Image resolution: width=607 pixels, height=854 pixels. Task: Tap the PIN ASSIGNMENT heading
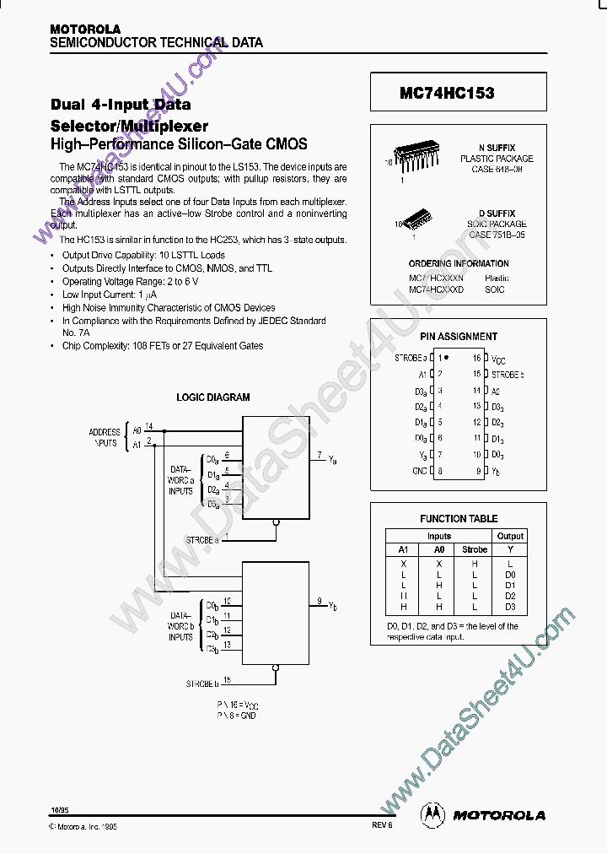point(459,336)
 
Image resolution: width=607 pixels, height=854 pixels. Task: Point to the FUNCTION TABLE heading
point(459,518)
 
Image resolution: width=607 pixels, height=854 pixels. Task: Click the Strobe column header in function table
point(475,549)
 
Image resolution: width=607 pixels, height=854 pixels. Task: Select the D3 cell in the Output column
point(510,607)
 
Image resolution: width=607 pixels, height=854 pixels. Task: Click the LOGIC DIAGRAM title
point(212,397)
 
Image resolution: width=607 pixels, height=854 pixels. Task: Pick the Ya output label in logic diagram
point(332,459)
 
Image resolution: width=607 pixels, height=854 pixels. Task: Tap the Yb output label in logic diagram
point(332,605)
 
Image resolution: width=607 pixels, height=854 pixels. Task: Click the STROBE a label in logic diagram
point(202,538)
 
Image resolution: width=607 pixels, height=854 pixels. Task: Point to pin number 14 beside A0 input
point(149,426)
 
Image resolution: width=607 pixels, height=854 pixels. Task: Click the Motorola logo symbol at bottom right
point(435,814)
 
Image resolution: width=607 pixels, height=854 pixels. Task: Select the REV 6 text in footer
point(382,826)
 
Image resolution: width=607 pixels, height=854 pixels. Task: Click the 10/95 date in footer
point(59,810)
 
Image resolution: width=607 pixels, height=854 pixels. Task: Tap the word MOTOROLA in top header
point(85,29)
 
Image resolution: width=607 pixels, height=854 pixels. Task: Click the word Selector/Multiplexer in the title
point(129,126)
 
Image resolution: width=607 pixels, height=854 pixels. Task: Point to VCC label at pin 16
point(499,359)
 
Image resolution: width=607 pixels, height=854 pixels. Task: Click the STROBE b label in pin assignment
point(508,375)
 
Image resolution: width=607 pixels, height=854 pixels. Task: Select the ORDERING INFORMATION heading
point(459,263)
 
